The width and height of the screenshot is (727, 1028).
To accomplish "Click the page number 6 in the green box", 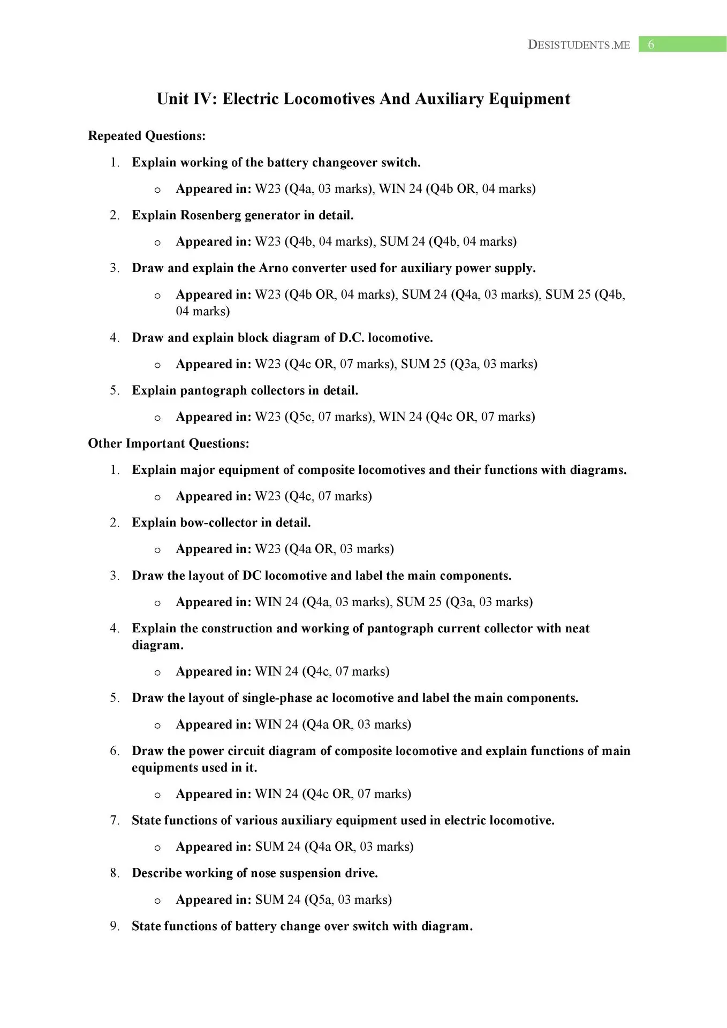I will tap(651, 44).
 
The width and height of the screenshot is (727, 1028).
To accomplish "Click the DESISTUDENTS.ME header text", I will tap(579, 45).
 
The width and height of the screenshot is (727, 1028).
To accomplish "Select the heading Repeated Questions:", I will tap(147, 136).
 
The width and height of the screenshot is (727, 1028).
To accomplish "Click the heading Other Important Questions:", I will tap(169, 443).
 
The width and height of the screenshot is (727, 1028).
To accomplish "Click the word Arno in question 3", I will tap(274, 268).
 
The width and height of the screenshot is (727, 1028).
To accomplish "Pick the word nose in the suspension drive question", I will tap(263, 873).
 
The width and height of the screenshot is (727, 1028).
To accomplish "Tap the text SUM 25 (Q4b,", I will tap(585, 294).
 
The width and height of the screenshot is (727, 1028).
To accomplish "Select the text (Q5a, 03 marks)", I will tap(348, 899).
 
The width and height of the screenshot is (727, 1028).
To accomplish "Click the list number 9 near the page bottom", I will tap(114, 926).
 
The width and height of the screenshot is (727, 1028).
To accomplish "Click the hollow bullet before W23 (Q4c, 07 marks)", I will tap(157, 497).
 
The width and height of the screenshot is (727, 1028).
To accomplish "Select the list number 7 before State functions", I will tap(114, 820).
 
